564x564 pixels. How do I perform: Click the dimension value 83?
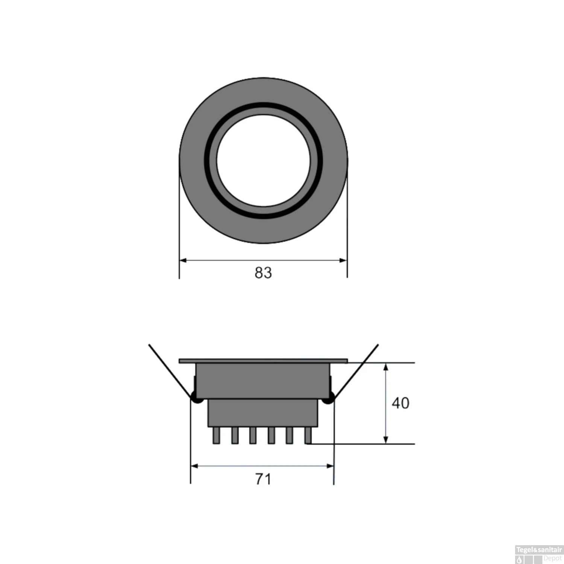(x=263, y=273)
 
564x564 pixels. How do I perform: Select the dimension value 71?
(x=263, y=479)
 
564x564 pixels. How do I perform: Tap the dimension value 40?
(x=400, y=403)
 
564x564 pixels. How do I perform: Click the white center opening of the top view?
(x=263, y=161)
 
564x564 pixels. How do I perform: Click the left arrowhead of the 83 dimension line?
(x=183, y=260)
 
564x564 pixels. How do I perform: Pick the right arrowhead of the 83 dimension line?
(x=343, y=260)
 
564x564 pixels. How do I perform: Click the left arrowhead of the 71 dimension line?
(x=195, y=466)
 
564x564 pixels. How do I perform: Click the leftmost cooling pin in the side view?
(x=216, y=436)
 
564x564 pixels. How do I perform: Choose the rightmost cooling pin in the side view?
(x=308, y=436)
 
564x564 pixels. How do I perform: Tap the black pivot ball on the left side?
(x=196, y=397)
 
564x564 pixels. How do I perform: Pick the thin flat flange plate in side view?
(x=263, y=361)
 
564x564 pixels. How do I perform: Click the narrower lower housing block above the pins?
(x=263, y=413)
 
